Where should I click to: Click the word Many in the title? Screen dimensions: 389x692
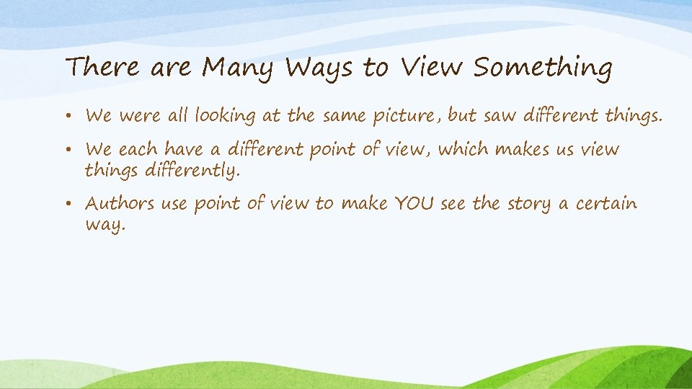pyautogui.click(x=239, y=68)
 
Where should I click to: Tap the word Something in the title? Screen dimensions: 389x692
pyautogui.click(x=542, y=68)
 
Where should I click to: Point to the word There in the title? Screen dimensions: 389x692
pyautogui.click(x=102, y=68)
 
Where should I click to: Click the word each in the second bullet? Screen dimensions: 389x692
pyautogui.click(x=137, y=149)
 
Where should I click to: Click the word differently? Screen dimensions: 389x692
pyautogui.click(x=191, y=171)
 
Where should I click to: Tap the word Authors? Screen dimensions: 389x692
pyautogui.click(x=120, y=203)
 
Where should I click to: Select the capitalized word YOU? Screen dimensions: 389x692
pyautogui.click(x=414, y=203)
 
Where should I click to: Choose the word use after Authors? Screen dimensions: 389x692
pyautogui.click(x=174, y=204)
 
